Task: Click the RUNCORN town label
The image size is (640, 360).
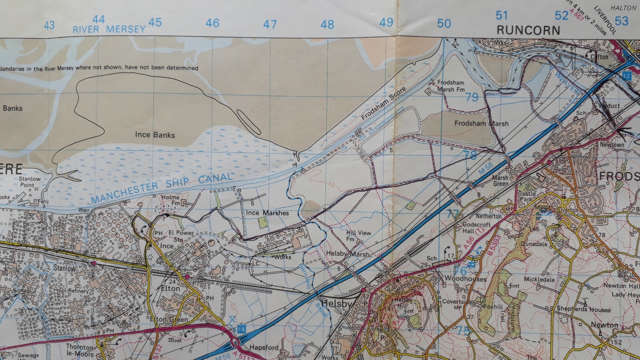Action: (528, 30)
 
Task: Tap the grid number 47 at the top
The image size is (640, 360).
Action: (270, 24)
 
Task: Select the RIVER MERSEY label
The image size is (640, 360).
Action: (109, 29)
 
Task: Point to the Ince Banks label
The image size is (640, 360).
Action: (155, 135)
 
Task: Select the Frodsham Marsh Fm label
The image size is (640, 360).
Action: (450, 86)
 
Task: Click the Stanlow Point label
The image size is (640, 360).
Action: (29, 182)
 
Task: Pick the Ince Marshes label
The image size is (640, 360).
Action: (267, 213)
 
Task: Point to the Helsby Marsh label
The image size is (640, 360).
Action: (348, 254)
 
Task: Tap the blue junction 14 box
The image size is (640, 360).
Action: (242, 328)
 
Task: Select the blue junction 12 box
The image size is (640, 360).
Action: (626, 76)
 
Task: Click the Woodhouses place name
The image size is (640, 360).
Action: (465, 278)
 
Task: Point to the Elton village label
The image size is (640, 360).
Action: (170, 288)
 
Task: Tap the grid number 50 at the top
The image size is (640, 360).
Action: (444, 24)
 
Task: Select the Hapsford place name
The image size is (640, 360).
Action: (264, 347)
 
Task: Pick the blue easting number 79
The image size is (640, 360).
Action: (472, 97)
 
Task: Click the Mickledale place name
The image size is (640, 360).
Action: (539, 279)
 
